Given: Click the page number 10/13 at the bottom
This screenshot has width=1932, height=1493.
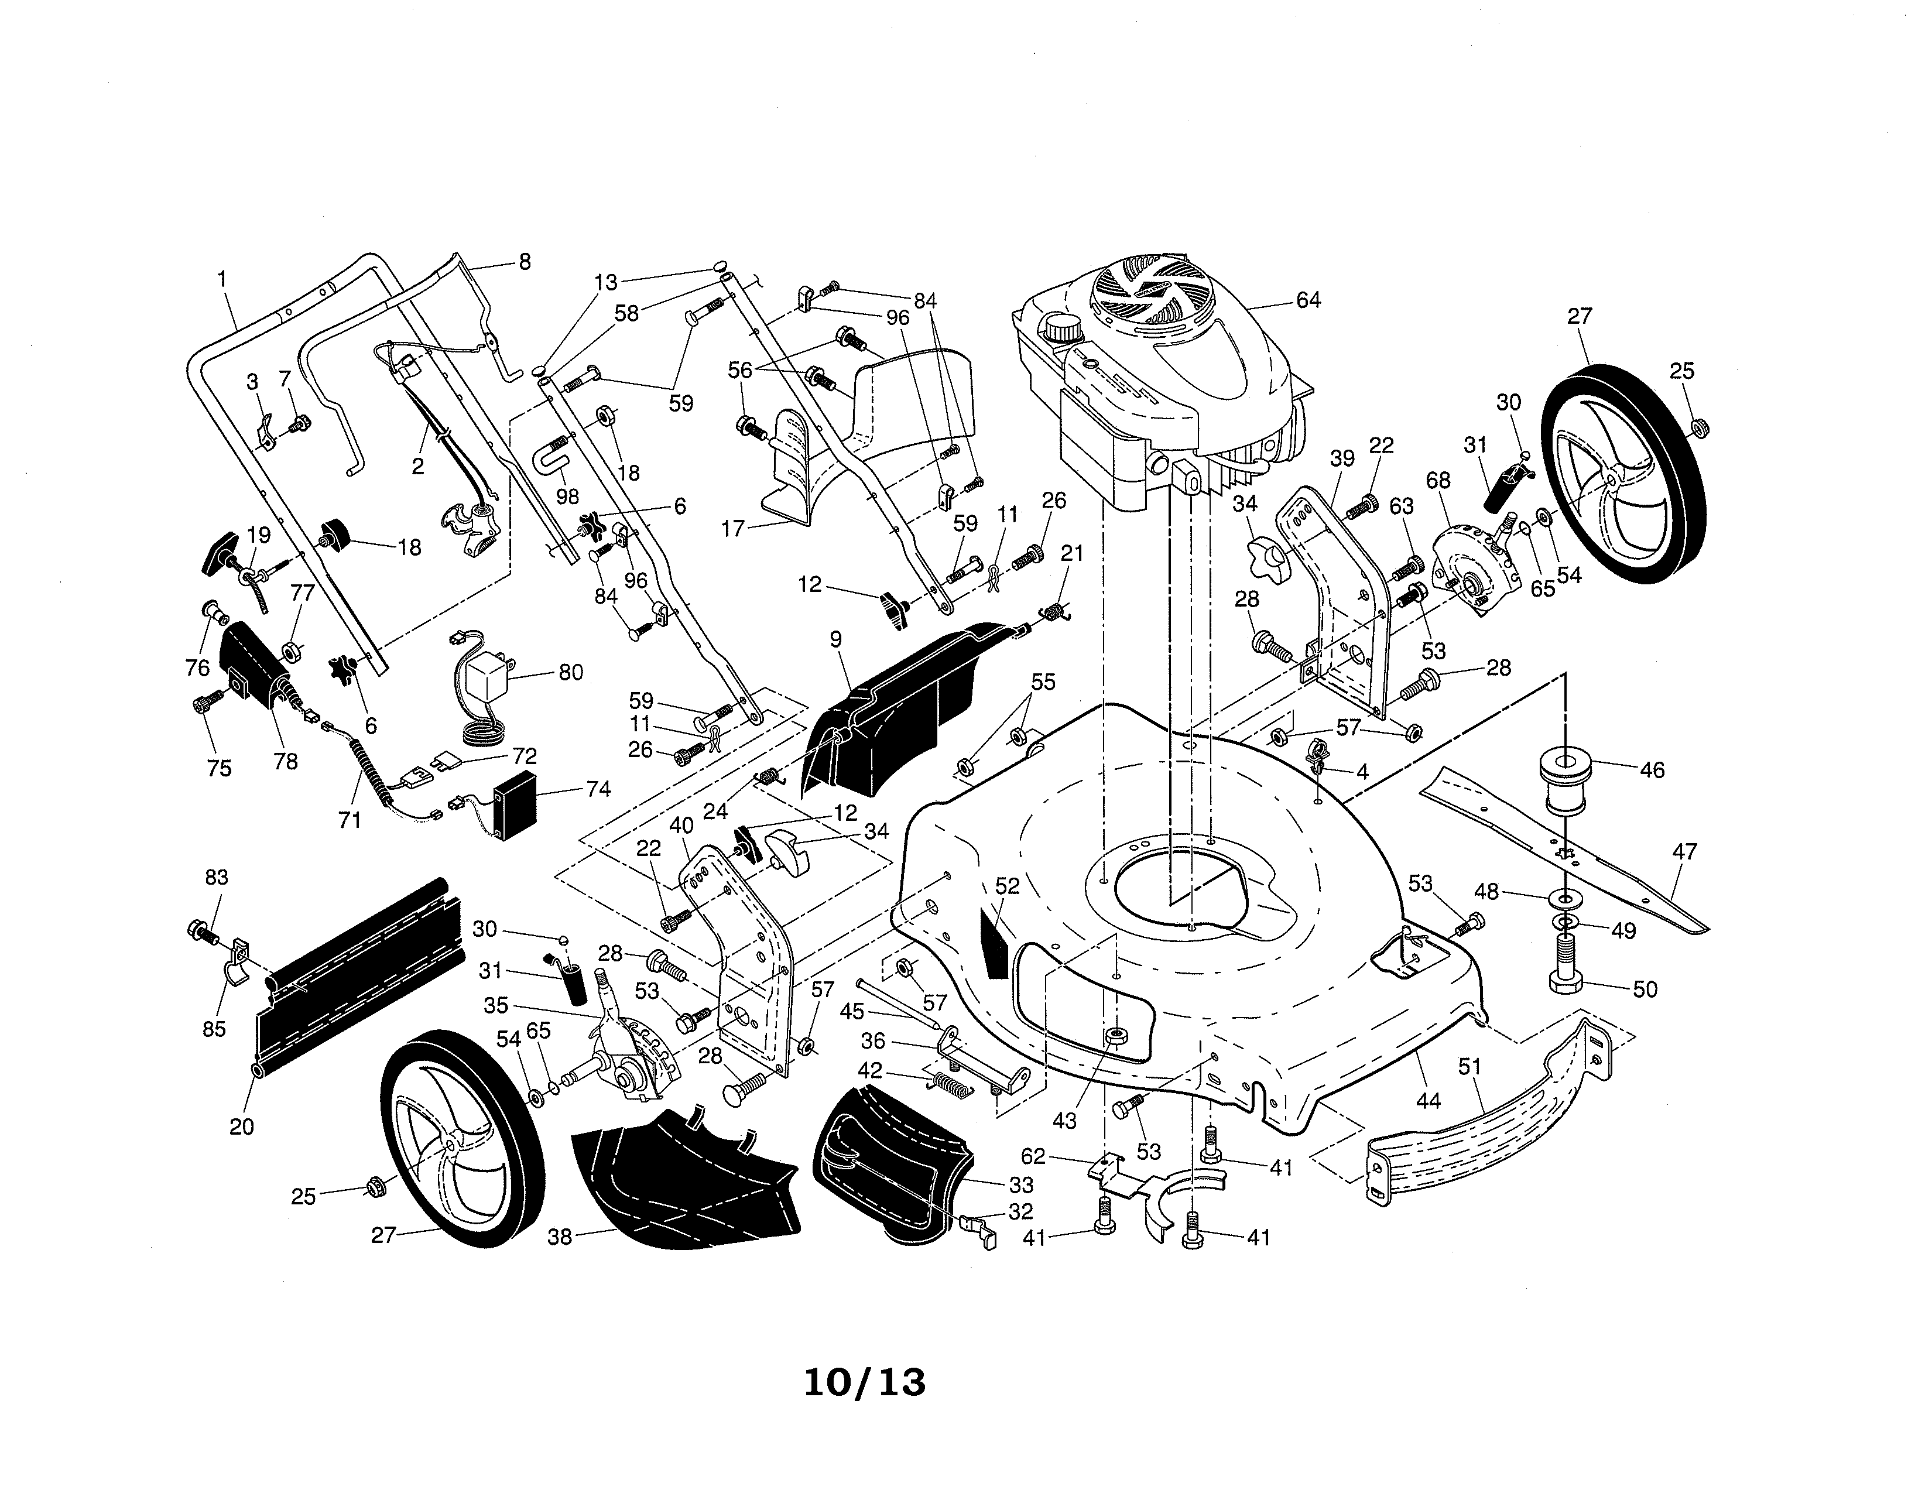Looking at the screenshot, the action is [864, 1382].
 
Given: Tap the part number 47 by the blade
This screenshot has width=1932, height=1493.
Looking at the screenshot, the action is [1685, 852].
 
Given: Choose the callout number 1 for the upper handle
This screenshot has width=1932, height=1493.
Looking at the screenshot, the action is [222, 279].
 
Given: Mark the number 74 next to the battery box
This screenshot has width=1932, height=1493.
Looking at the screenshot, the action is [599, 788].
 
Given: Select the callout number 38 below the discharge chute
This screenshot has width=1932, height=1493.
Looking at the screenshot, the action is [560, 1237].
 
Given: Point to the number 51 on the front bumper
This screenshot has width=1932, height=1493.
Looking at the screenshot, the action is [1469, 1067].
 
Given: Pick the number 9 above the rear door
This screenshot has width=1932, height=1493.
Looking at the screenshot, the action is [836, 639].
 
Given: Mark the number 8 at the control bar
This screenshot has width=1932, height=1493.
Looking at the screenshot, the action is [525, 262].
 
